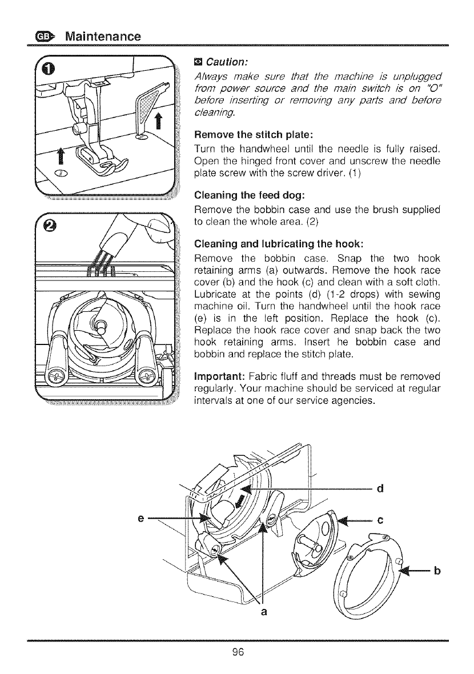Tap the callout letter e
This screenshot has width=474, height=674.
140,519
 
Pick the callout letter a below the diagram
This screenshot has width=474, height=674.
263,612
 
